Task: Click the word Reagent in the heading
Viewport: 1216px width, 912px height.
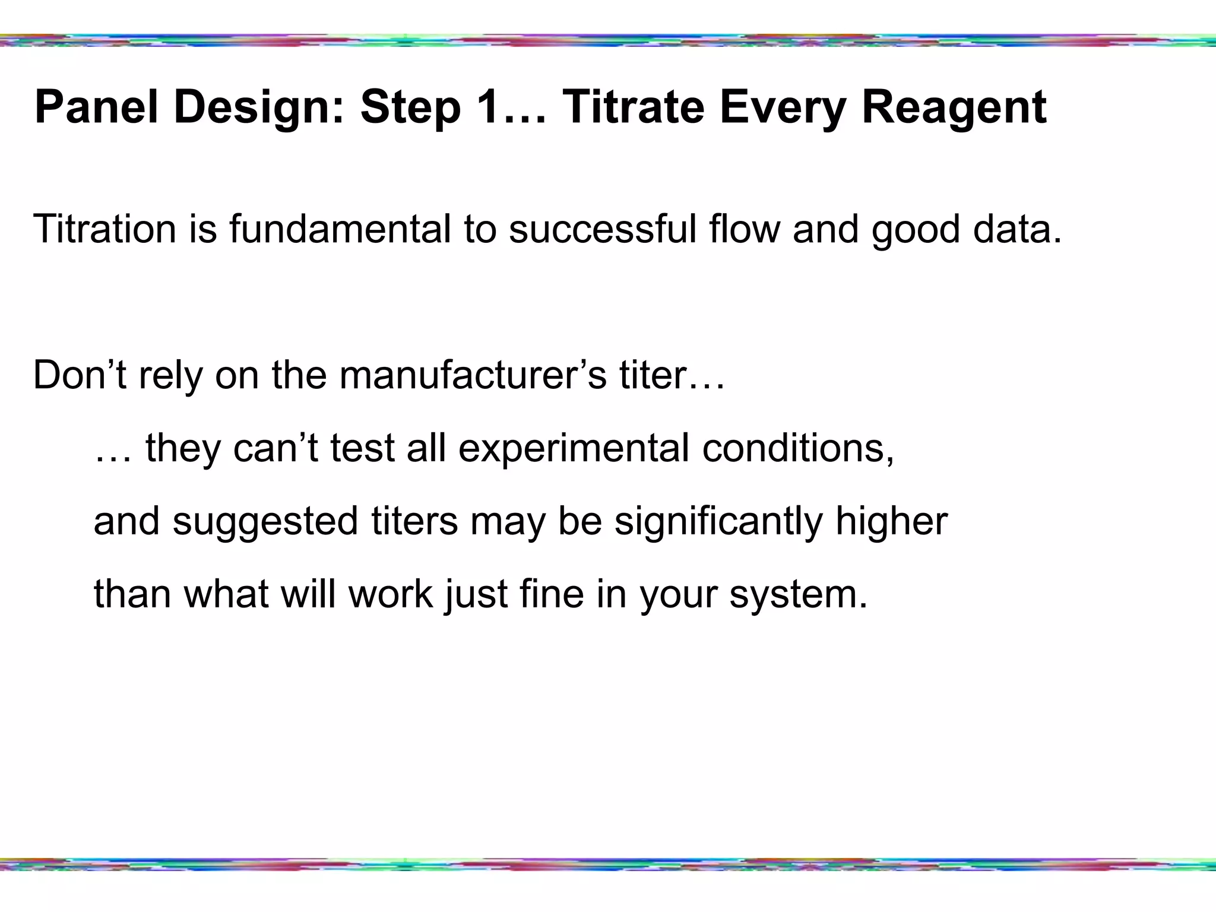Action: (x=954, y=107)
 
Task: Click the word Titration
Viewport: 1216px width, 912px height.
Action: (x=104, y=229)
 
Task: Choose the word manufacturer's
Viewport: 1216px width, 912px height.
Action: (x=473, y=375)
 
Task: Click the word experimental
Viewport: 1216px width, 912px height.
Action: (x=573, y=448)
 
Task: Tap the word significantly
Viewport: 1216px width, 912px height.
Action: (x=718, y=521)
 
